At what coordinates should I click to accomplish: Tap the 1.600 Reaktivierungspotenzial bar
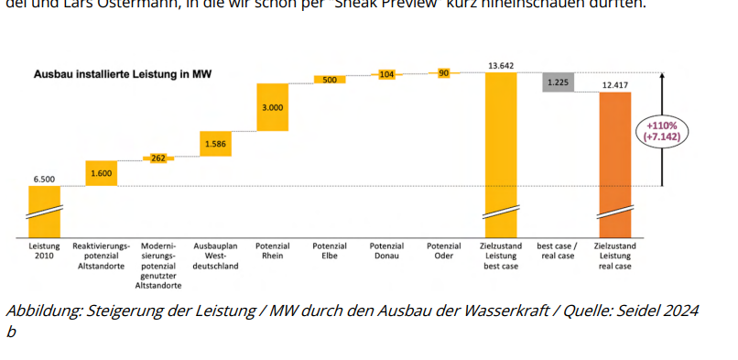[x=101, y=172]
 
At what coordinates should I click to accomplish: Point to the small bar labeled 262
[x=157, y=158]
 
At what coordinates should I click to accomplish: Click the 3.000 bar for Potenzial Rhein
[x=272, y=107]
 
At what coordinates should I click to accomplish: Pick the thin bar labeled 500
[x=329, y=80]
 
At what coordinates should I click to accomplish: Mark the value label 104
[x=386, y=73]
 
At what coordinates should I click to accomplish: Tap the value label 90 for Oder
[x=443, y=72]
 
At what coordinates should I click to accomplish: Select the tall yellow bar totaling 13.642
[x=500, y=147]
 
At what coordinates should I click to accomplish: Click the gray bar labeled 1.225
[x=558, y=82]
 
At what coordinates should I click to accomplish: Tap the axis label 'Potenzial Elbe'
[x=329, y=251]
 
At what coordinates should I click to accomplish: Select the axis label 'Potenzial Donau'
[x=386, y=251]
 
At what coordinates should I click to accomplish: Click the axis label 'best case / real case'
[x=557, y=251]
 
